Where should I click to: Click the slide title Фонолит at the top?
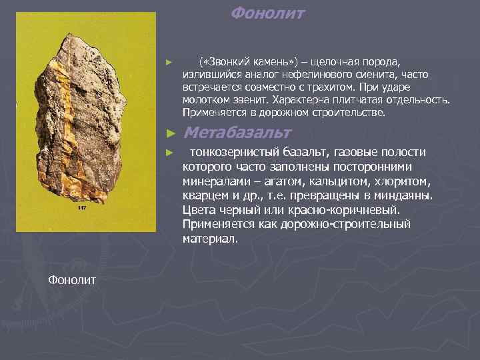coord(267,13)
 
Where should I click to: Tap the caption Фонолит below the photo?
coord(72,278)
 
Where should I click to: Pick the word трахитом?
coord(329,87)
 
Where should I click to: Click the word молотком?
coord(205,99)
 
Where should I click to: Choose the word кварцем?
coord(205,196)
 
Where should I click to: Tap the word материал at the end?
coord(209,239)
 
